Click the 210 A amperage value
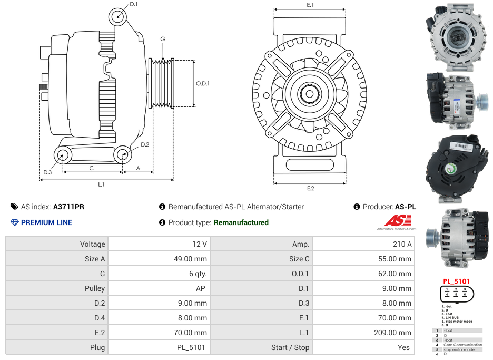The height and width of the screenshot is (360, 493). tap(402, 244)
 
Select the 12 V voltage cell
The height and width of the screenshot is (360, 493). tap(200, 244)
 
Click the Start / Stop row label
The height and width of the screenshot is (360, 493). tap(290, 347)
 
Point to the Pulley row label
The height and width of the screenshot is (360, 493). tap(95, 288)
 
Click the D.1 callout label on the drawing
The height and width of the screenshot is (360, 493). tap(133, 4)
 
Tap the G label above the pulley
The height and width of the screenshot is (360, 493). tap(163, 39)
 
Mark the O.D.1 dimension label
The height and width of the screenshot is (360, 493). tap(203, 83)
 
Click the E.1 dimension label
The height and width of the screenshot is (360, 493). tap(310, 5)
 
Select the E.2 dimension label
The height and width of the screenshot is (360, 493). tap(310, 188)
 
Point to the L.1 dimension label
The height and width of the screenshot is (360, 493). tap(101, 184)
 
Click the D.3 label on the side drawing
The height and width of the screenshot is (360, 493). tap(47, 172)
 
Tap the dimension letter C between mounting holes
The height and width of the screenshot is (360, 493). tap(91, 168)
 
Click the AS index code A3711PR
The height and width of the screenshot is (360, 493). tap(68, 207)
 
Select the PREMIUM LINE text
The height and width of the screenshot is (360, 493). tap(46, 222)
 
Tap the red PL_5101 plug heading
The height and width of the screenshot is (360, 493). tap(456, 281)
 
